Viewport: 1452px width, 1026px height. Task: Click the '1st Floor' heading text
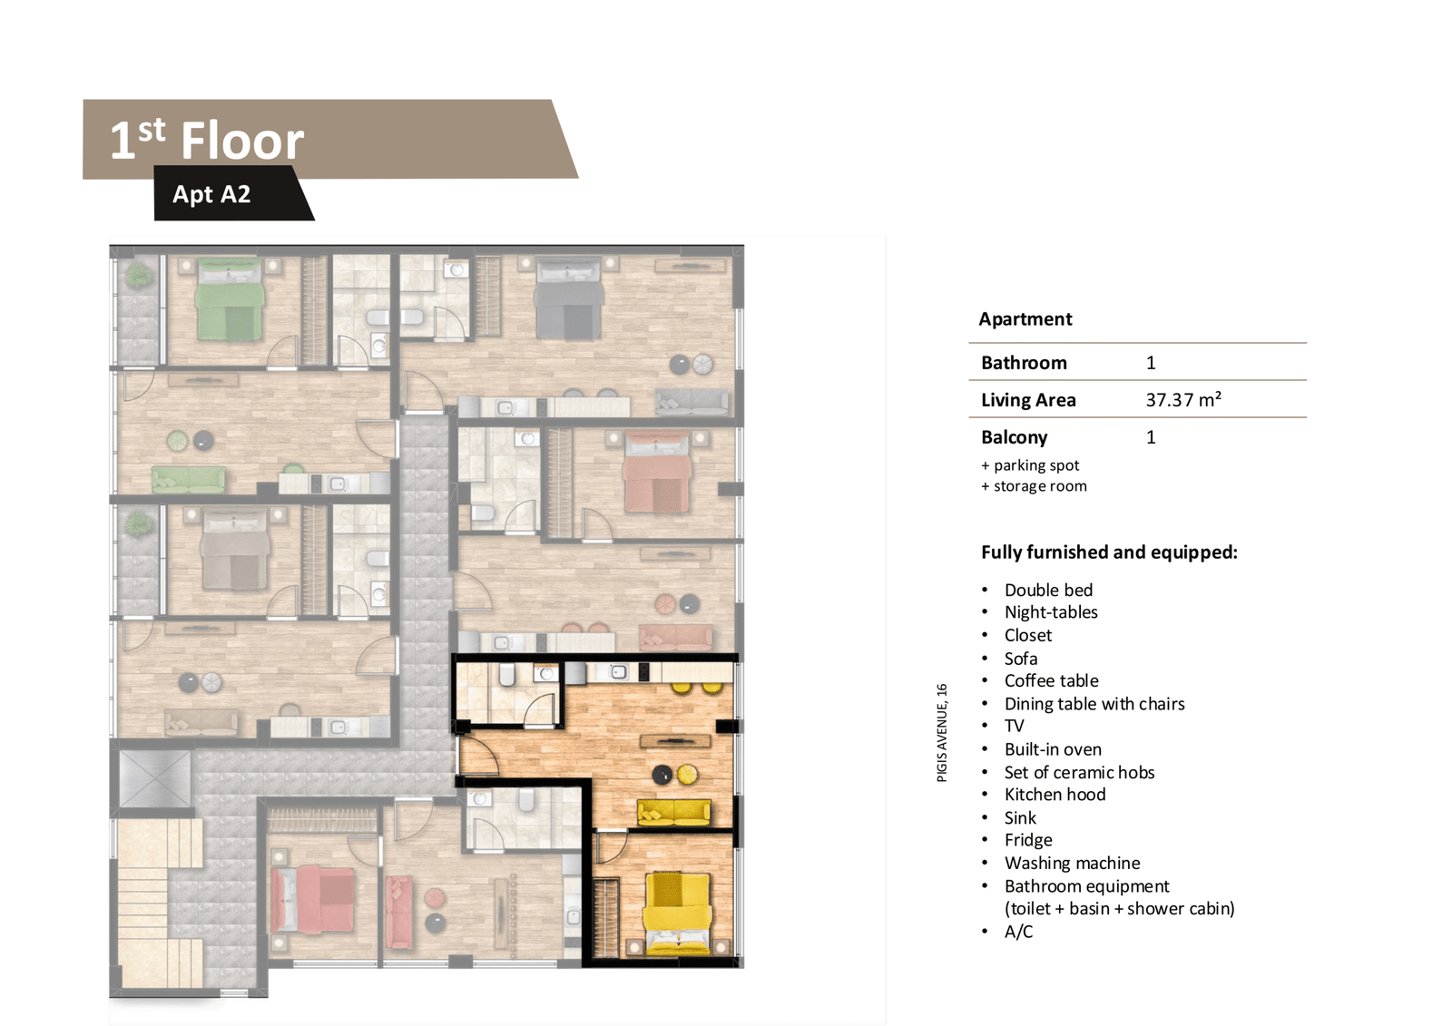[207, 140]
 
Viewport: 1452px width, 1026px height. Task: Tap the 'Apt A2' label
[211, 194]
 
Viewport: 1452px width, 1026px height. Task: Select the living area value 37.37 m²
[1183, 399]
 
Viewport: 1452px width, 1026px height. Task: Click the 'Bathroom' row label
[1024, 362]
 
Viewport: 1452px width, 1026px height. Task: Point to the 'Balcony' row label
[1014, 437]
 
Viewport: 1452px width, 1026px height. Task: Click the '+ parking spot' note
[1030, 465]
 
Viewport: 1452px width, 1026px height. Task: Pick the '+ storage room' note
[1034, 486]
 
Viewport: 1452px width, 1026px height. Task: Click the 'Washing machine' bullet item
[1072, 863]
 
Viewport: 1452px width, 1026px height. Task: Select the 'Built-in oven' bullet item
[1053, 749]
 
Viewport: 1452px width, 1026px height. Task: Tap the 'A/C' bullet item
[1018, 932]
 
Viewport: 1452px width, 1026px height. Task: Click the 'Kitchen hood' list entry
[1055, 795]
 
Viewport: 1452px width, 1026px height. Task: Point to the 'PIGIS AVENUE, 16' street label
[942, 732]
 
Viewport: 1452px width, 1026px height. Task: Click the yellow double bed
[677, 913]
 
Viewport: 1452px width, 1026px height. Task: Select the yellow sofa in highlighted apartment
[673, 813]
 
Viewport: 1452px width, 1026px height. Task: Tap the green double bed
[231, 299]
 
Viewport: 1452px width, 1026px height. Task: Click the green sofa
[189, 480]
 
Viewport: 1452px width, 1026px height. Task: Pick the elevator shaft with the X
[155, 778]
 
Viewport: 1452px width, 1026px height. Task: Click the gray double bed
[568, 299]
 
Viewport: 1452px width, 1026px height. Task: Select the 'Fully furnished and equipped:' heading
[1109, 552]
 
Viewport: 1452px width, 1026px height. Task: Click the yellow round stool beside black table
[686, 774]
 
